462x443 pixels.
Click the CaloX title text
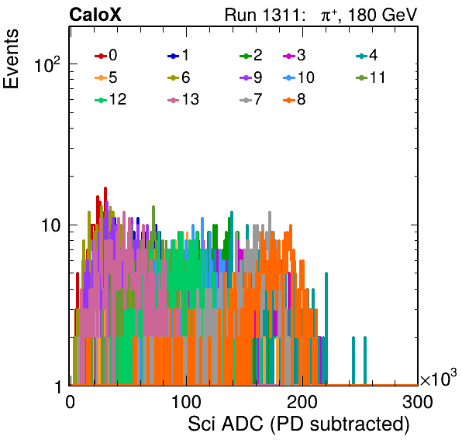(x=95, y=15)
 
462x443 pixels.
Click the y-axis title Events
(x=11, y=59)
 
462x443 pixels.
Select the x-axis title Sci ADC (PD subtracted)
(x=298, y=424)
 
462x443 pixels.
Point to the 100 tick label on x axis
(x=186, y=402)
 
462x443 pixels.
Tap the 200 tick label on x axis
(x=302, y=402)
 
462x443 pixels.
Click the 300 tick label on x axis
(x=418, y=402)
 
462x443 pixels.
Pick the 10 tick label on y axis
(x=51, y=225)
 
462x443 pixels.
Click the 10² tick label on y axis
(x=47, y=64)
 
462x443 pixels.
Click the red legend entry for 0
(x=105, y=55)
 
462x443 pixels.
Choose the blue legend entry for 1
(x=178, y=55)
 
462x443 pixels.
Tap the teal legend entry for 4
(x=367, y=55)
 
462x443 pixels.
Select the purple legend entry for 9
(x=250, y=77)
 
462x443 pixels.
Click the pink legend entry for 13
(x=183, y=100)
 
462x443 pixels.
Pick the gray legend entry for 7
(x=250, y=100)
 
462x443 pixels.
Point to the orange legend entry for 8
(x=294, y=100)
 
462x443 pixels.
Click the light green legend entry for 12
(x=111, y=100)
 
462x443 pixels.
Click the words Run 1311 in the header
(x=263, y=15)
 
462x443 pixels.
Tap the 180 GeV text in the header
(x=383, y=15)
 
